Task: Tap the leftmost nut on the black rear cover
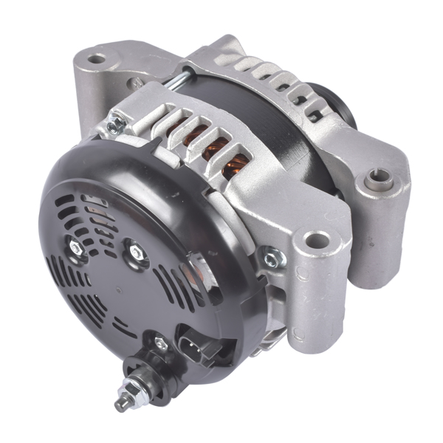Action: [76, 250]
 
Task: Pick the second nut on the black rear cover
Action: [137, 252]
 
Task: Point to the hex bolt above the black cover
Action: [115, 126]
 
